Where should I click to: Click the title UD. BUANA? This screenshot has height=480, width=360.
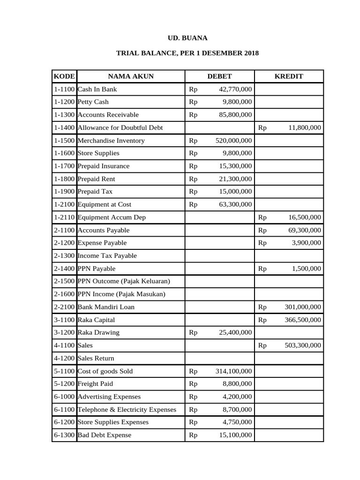point(187,38)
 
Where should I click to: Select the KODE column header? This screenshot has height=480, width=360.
point(64,76)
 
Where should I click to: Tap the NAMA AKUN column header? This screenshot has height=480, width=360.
point(131,76)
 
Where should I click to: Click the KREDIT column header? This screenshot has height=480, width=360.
point(288,76)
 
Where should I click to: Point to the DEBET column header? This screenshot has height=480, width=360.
point(219,76)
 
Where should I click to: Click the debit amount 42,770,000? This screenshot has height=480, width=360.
point(235,89)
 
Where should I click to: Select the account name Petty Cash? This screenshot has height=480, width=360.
point(93,102)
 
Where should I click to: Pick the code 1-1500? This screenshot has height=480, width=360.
point(64,141)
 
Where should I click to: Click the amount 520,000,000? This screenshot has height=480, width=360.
point(233,141)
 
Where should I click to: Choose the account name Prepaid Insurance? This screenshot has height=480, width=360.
point(103,166)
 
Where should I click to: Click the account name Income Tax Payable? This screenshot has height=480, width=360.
point(107,256)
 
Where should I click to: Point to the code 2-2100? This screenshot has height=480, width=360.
point(64,307)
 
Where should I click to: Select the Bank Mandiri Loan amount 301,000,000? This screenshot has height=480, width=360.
point(303,307)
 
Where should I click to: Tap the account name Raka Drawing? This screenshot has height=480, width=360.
point(98,332)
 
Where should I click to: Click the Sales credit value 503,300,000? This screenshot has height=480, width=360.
point(303,345)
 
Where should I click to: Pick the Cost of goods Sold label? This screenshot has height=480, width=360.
point(105,371)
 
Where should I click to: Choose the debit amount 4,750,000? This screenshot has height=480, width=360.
point(237,422)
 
